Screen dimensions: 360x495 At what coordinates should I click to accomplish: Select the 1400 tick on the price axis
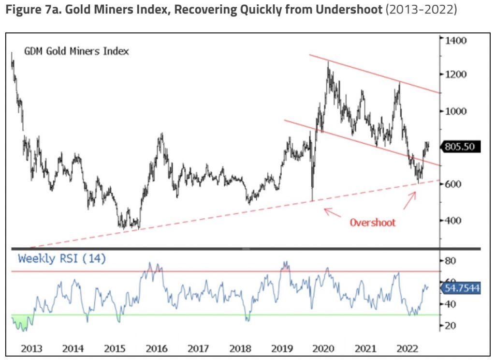[456, 40]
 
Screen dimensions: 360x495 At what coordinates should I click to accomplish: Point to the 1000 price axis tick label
[456, 111]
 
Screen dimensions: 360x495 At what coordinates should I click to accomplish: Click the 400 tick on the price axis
[453, 221]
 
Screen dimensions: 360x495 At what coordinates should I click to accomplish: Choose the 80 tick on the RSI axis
[451, 261]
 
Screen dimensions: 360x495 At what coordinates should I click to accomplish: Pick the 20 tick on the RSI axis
[451, 326]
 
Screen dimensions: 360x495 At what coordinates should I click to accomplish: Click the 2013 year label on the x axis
[31, 348]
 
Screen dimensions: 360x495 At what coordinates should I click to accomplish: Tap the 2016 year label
[157, 348]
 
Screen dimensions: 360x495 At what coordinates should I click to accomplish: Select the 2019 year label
[282, 348]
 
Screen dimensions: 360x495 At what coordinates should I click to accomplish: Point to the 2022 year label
[407, 348]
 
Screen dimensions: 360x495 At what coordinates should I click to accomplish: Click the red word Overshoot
[372, 223]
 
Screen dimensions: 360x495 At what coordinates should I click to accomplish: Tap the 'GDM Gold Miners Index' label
[76, 51]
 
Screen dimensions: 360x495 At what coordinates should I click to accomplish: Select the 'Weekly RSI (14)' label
[62, 258]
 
